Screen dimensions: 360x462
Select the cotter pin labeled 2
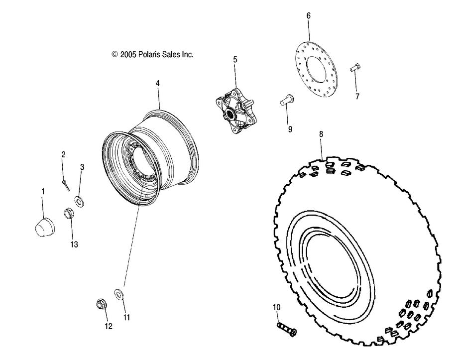[66, 184]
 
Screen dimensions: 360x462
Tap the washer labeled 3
[79, 201]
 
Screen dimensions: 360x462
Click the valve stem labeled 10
[286, 329]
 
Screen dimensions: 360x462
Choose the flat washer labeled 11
[120, 293]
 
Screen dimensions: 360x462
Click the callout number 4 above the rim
[157, 84]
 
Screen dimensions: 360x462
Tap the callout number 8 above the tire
[321, 133]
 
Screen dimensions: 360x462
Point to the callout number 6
[308, 16]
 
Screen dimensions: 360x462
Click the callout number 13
[74, 244]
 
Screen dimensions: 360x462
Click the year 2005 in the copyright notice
[127, 54]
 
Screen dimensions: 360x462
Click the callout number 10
[277, 308]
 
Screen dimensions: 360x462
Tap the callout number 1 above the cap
[43, 191]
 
